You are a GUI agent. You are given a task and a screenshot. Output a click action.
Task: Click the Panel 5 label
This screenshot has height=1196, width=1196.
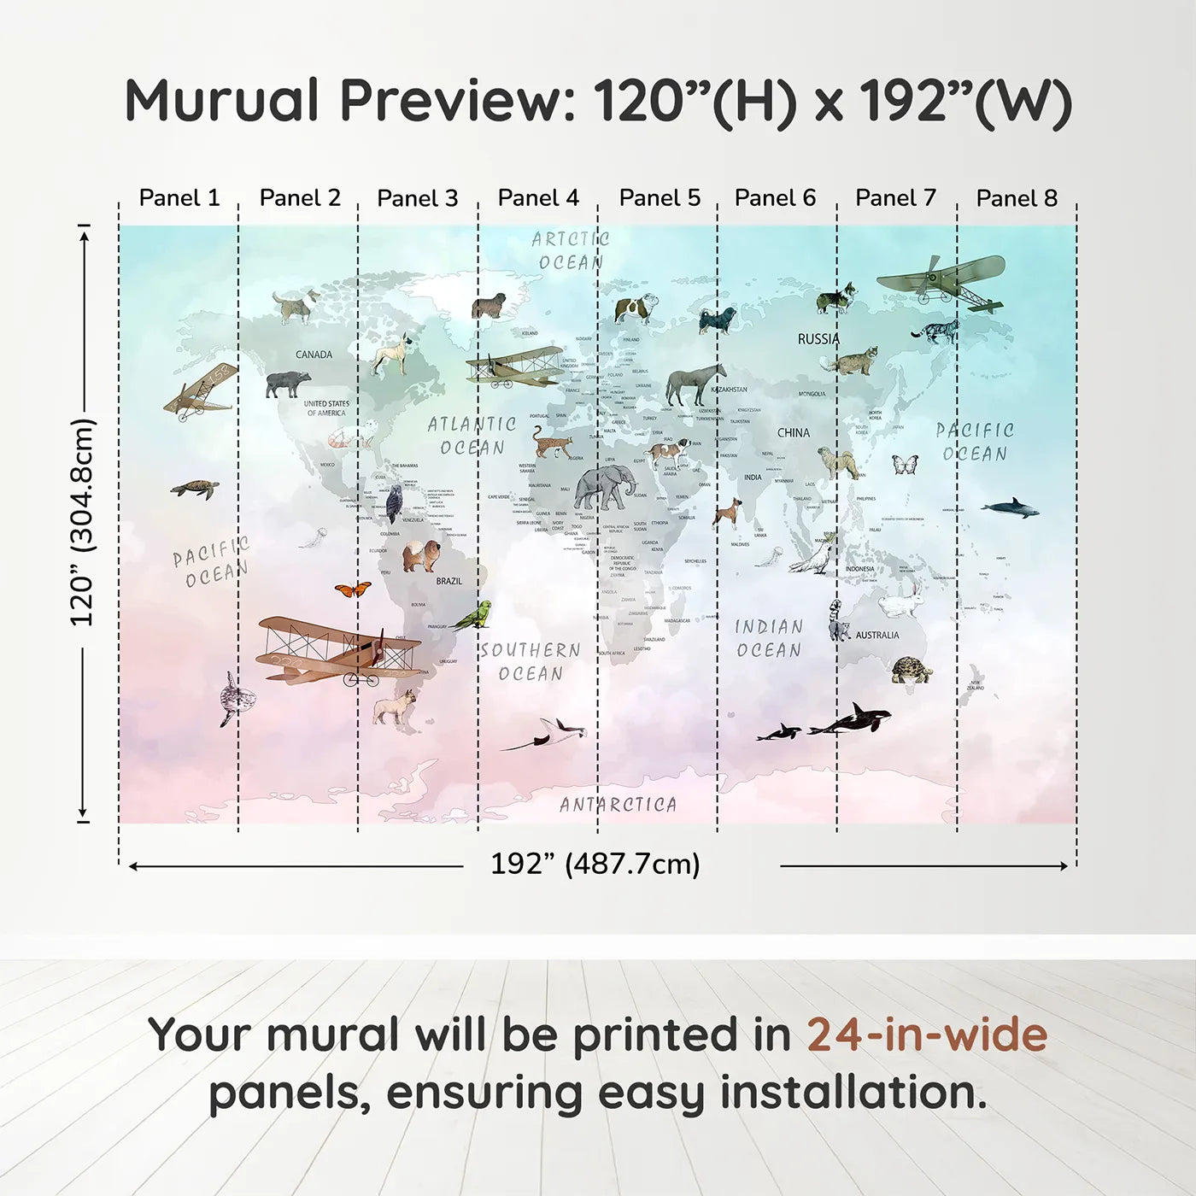(x=660, y=198)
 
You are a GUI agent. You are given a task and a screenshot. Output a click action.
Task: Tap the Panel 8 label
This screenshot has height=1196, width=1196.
(x=1017, y=198)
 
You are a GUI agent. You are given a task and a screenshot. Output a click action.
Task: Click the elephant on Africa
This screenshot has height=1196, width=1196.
(x=605, y=489)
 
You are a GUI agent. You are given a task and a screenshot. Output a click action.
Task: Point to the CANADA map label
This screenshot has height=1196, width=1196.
(x=314, y=355)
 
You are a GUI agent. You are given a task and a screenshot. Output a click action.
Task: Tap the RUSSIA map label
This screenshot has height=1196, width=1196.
(x=818, y=339)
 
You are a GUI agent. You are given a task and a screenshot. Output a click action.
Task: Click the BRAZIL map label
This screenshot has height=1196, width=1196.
(x=449, y=581)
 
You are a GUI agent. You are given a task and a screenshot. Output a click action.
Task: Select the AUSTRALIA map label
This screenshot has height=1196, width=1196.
(x=877, y=636)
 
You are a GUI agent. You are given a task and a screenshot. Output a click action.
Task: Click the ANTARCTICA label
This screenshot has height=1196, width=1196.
(x=619, y=805)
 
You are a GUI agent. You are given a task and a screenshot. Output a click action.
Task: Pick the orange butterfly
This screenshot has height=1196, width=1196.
(x=353, y=589)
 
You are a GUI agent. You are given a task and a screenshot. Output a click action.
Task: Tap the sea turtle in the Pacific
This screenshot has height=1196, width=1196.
(x=195, y=490)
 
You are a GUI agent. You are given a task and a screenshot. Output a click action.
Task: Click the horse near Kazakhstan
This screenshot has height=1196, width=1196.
(x=695, y=384)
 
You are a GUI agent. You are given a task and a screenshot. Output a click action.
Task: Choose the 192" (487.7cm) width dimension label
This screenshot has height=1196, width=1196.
(x=595, y=865)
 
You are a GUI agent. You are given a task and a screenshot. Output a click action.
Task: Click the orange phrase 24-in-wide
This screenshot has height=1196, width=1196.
(x=927, y=1035)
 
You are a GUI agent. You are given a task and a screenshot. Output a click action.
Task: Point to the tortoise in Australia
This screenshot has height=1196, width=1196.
(x=912, y=671)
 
